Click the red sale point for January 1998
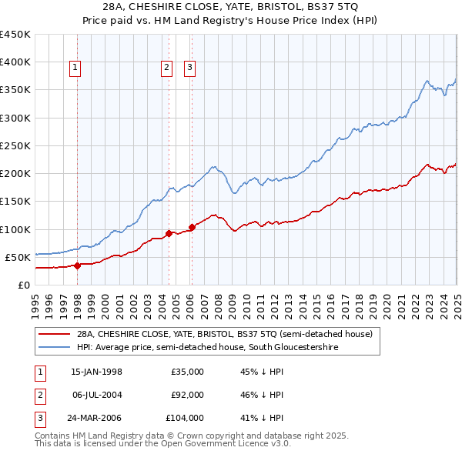[x=77, y=265]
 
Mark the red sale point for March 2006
[x=192, y=226]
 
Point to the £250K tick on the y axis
[x=15, y=145]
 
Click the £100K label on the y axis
[x=15, y=229]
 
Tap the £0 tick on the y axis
[x=24, y=285]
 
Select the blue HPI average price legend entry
[x=207, y=348]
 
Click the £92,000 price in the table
[x=187, y=395]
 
